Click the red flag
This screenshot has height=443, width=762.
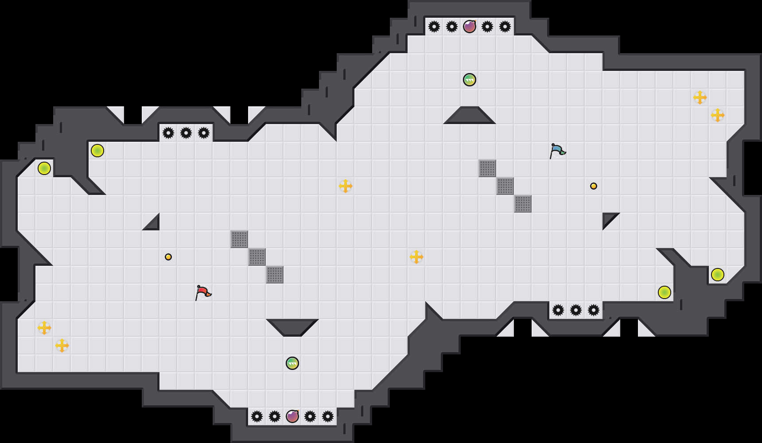point(203,292)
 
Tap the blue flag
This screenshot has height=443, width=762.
point(557,150)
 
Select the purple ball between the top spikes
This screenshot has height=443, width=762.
point(470,27)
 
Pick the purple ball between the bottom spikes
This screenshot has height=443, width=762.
point(292,416)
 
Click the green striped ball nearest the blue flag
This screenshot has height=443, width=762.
point(470,80)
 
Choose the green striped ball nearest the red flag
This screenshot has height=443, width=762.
point(292,363)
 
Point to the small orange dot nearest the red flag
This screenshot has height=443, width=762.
point(168,257)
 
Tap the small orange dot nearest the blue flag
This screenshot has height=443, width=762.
point(594,186)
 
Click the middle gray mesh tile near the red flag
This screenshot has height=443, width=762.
point(257,257)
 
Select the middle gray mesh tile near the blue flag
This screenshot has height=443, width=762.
point(505,186)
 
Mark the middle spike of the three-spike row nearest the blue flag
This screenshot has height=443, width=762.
point(576,310)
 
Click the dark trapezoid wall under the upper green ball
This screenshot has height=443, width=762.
point(470,116)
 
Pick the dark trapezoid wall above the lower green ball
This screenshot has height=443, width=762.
point(292,327)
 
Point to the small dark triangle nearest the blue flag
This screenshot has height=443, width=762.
point(608,218)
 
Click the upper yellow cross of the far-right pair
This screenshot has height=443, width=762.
point(700,97)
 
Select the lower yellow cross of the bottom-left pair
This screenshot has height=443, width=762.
point(62,346)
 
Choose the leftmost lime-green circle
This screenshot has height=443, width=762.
point(44,168)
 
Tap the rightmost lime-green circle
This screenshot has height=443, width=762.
point(718,275)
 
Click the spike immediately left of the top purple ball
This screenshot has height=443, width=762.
point(452,27)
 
